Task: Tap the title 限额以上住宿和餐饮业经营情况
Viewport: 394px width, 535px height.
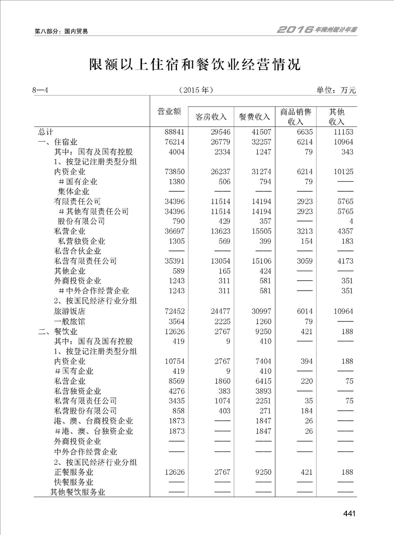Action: click(x=196, y=65)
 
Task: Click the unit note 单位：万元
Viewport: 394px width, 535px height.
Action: click(x=336, y=90)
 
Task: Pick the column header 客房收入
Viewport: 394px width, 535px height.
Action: click(x=211, y=117)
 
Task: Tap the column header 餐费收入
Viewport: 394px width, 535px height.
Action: click(x=254, y=117)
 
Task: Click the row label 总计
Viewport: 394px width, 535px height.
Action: click(x=46, y=132)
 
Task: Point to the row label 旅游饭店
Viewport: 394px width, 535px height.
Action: click(x=70, y=311)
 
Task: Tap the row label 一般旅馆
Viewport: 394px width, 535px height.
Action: click(x=70, y=321)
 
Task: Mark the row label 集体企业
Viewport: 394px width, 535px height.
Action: click(x=72, y=191)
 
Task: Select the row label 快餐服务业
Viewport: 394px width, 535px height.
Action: click(x=74, y=482)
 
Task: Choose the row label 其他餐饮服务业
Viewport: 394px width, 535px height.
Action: click(x=79, y=492)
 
